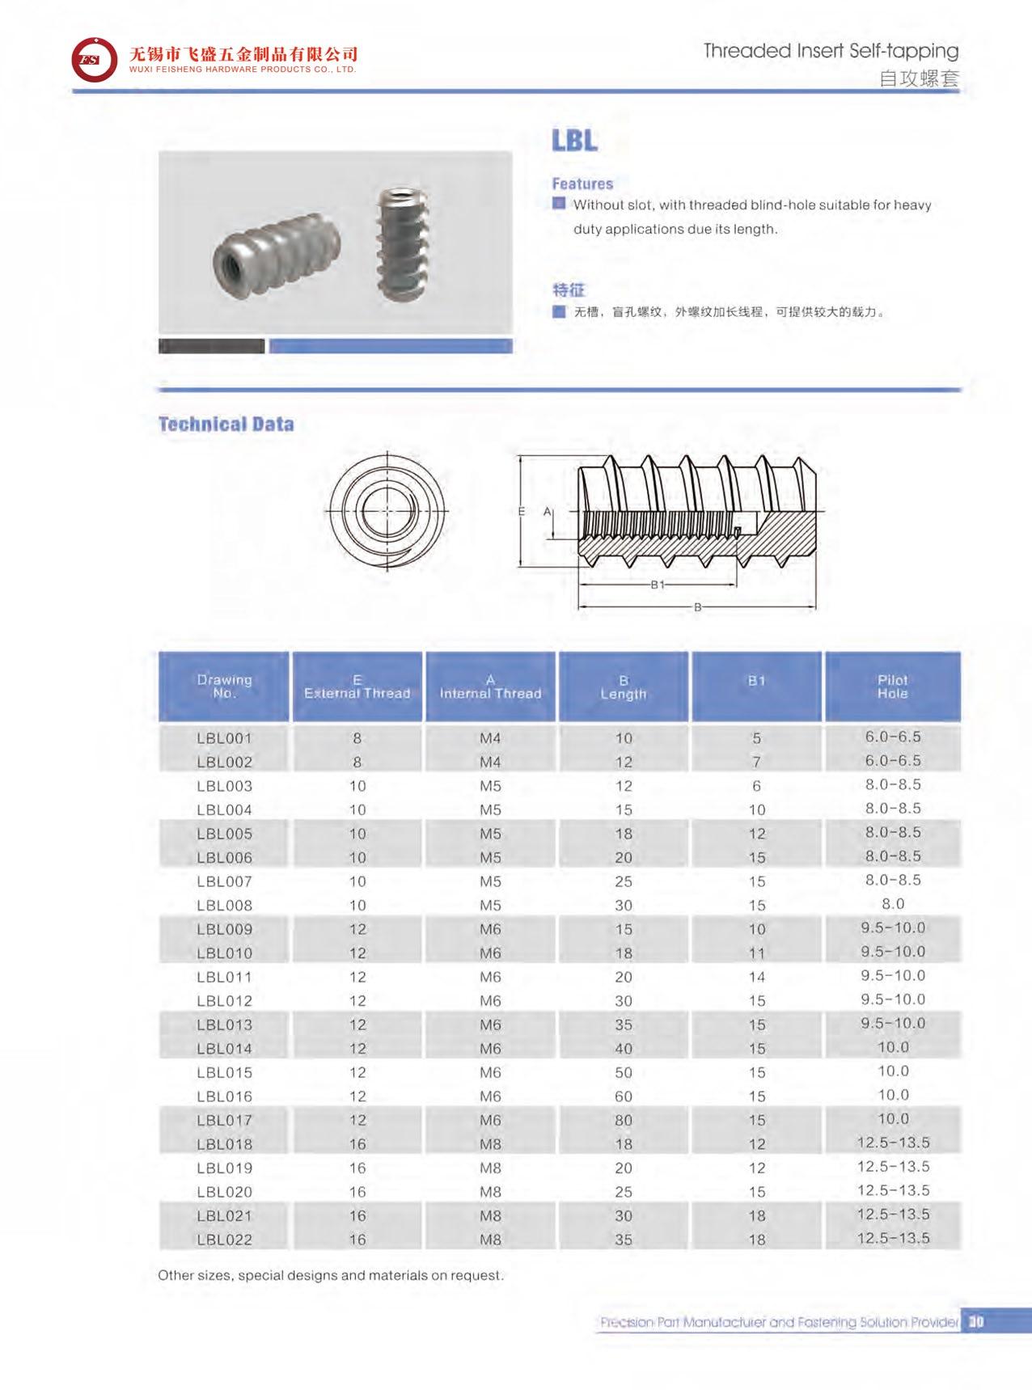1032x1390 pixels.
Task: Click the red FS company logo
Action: (94, 59)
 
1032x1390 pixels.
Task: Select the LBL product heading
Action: (574, 141)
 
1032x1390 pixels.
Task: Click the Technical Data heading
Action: (226, 425)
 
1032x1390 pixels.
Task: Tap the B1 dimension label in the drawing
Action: (658, 585)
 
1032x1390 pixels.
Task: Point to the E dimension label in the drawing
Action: (522, 511)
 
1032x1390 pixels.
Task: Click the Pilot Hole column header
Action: (892, 687)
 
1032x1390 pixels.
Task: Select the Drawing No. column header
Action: (224, 687)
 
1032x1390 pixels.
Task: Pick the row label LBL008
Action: (224, 906)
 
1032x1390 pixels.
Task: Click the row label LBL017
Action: (224, 1121)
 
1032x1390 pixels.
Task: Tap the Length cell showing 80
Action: (623, 1121)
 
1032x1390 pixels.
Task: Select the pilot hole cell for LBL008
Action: (893, 904)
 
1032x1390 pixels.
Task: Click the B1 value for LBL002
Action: (756, 762)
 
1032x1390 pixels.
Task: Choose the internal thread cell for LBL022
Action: (490, 1240)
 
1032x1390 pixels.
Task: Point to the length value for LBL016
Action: (623, 1096)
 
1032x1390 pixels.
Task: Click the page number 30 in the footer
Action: (975, 1321)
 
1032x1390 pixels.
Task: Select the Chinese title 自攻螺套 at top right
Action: (918, 78)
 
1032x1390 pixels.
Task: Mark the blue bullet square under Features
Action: (559, 204)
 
